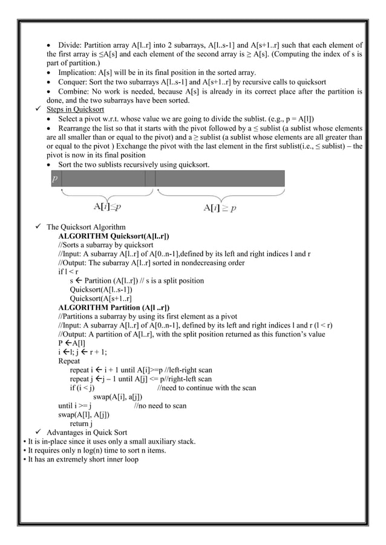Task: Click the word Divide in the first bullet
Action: point(70,45)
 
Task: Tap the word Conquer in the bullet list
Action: point(74,82)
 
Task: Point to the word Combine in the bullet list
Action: point(74,91)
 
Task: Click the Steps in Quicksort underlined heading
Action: point(75,109)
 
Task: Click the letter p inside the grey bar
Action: point(55,179)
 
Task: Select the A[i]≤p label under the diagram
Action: point(106,207)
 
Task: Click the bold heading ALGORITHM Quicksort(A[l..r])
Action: point(113,236)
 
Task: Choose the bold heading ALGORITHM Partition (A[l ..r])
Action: point(114,308)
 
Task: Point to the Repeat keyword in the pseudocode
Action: point(69,361)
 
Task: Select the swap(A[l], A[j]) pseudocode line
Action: point(83,414)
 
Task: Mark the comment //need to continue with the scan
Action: point(206,388)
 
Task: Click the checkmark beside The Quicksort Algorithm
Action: point(38,227)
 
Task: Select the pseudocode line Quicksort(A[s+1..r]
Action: point(101,298)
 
